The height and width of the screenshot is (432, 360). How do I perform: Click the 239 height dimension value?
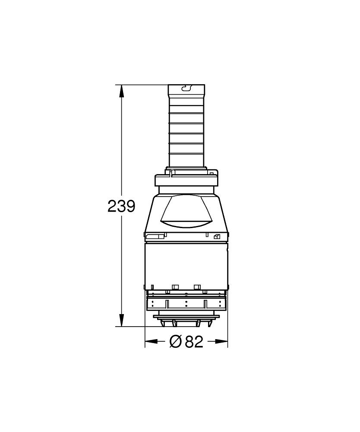pyautogui.click(x=121, y=206)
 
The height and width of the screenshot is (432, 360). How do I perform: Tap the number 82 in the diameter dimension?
pyautogui.click(x=194, y=341)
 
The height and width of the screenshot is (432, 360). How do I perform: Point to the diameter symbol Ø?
pyautogui.click(x=175, y=341)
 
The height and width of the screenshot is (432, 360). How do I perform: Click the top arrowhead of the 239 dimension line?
pyautogui.click(x=121, y=91)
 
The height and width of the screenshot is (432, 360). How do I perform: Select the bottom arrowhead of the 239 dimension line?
pyautogui.click(x=121, y=321)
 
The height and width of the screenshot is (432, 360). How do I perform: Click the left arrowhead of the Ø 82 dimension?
pyautogui.click(x=151, y=341)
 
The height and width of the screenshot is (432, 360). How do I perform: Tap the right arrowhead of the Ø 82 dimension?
pyautogui.click(x=221, y=341)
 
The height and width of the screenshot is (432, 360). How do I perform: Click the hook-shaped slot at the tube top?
pyautogui.click(x=186, y=88)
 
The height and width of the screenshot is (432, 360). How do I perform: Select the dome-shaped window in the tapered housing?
pyautogui.click(x=186, y=211)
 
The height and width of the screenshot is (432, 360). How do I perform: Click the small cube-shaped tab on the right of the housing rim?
pyautogui.click(x=217, y=236)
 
